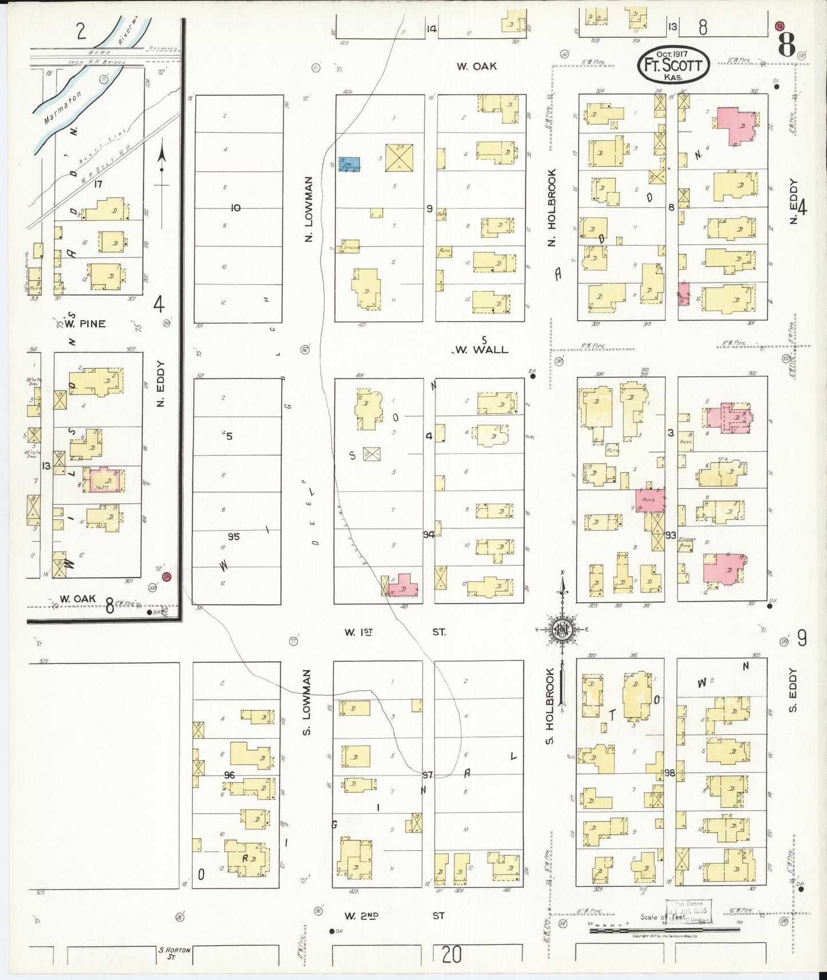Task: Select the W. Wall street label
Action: coord(481,349)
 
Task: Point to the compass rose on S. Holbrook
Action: coord(563,630)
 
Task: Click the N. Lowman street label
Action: coord(308,209)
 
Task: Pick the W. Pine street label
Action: coord(85,324)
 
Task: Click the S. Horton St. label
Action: coord(174,952)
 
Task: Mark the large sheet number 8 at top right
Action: coord(788,45)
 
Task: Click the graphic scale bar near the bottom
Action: coord(664,930)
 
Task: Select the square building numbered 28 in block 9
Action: coord(399,157)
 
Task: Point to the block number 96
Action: coord(229,775)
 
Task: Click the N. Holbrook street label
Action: coord(551,208)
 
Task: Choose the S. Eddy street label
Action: coord(793,690)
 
